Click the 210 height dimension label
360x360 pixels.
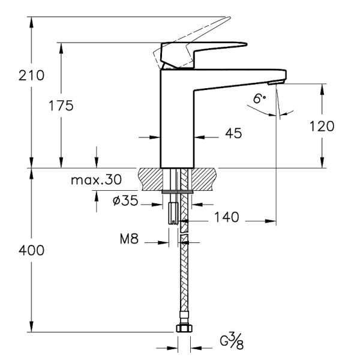32,76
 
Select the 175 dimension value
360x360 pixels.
61,106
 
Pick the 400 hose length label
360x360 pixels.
32,251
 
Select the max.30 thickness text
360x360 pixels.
95,180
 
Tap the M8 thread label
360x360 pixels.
129,240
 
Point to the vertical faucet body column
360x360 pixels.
178,120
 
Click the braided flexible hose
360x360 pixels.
184,276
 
